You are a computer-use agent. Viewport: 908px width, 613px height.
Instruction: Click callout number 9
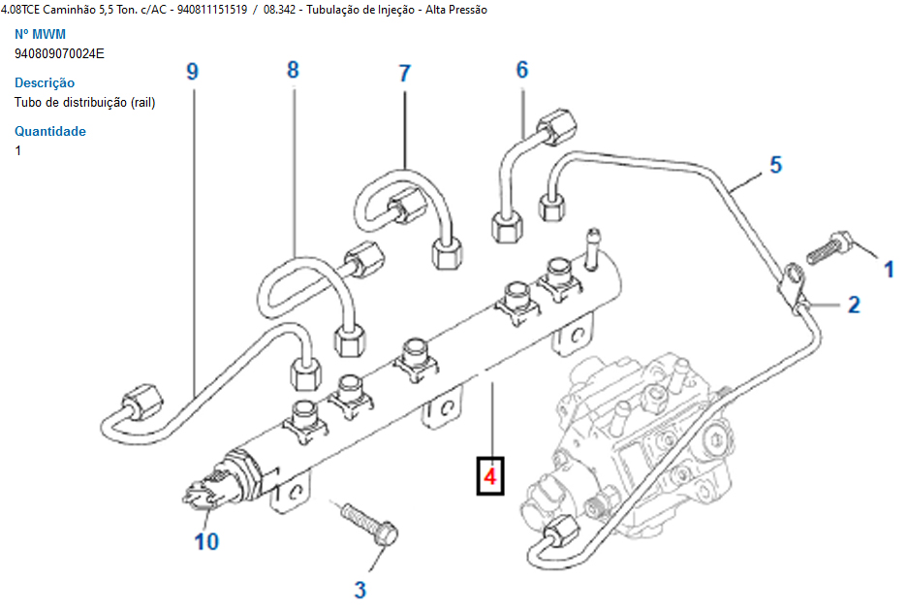192,71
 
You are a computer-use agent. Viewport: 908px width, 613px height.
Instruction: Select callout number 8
293,69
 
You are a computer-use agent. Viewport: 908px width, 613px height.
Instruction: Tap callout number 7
404,73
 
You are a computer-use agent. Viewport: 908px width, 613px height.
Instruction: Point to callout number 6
521,69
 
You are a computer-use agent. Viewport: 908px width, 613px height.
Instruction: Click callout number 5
775,164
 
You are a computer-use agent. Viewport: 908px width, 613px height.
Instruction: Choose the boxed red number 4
490,476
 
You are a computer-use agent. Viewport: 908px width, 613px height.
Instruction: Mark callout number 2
853,305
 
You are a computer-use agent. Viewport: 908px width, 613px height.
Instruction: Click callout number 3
360,588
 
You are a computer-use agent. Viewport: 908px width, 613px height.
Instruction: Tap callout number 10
206,541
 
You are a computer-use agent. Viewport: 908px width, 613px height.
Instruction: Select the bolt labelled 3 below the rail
367,523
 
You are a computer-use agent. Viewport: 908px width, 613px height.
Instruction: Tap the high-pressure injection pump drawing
640,436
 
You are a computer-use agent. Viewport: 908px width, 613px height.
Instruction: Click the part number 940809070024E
59,53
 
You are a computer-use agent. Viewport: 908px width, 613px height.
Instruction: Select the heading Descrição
45,82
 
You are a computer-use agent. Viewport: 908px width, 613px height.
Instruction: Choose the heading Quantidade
50,131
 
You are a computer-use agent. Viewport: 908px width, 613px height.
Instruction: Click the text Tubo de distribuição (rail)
85,102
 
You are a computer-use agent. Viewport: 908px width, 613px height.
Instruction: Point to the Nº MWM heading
40,34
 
